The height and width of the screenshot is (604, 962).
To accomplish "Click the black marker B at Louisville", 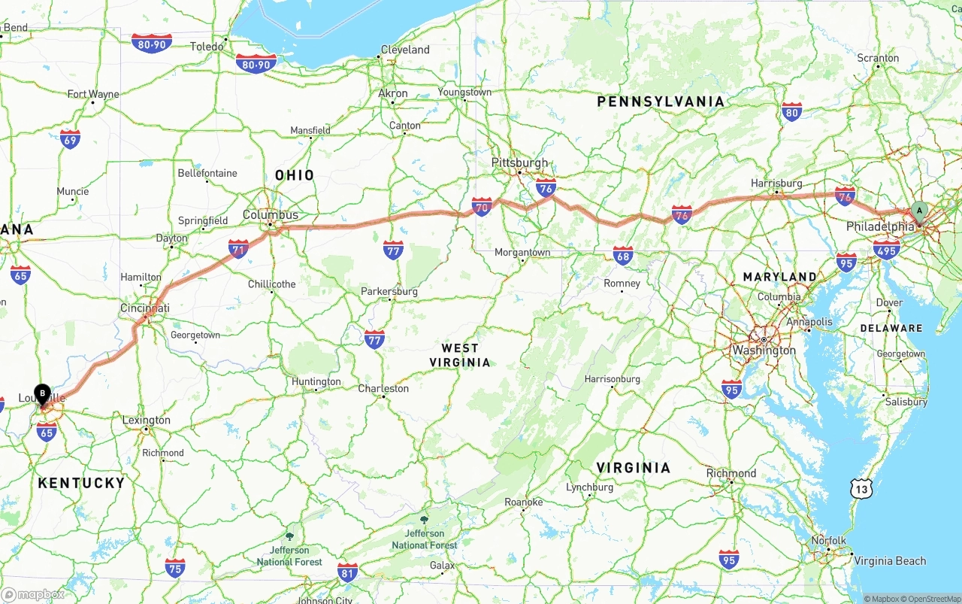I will (43, 393).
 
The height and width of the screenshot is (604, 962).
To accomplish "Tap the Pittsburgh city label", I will (519, 162).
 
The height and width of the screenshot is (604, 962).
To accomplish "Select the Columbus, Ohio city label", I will (271, 214).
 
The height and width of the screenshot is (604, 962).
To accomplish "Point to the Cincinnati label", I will (145, 308).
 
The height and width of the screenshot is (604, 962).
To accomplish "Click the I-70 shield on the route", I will (482, 206).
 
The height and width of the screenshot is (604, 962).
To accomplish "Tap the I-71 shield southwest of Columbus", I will (239, 249).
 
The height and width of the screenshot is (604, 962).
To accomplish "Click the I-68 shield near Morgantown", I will (622, 255).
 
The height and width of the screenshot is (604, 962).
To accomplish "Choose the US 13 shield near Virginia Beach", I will (861, 489).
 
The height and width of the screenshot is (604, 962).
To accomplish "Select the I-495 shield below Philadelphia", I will (887, 250).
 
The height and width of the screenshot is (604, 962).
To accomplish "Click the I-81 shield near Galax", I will (347, 572).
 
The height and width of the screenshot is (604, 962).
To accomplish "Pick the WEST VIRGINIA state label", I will (460, 355).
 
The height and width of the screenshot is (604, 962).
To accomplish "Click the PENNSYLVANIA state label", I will (661, 101).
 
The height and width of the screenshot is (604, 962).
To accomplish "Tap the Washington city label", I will (764, 351).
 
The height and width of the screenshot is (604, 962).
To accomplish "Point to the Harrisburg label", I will (776, 183).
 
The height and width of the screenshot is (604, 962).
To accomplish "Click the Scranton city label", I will (878, 58).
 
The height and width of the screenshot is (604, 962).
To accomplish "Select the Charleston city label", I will (383, 388).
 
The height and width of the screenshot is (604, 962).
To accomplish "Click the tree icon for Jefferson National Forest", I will (425, 520).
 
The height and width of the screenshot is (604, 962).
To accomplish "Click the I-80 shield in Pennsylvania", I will (791, 112).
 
